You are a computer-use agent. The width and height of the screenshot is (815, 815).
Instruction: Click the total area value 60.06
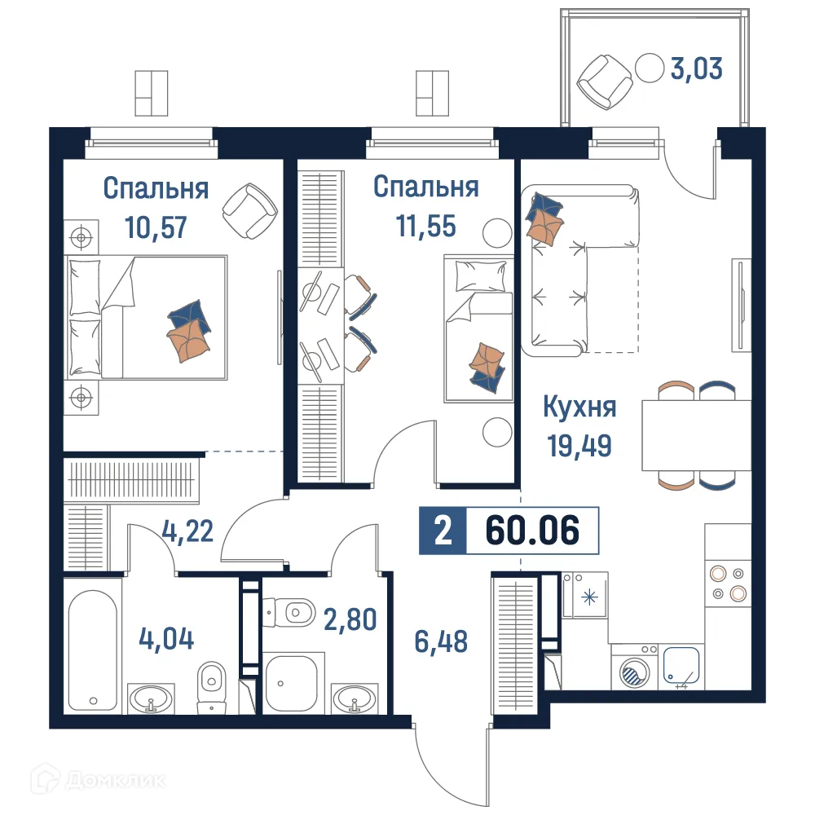532,531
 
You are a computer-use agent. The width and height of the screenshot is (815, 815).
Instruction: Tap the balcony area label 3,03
695,68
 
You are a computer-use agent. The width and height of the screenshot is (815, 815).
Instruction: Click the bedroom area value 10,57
156,226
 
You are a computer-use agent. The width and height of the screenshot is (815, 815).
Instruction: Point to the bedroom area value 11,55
425,226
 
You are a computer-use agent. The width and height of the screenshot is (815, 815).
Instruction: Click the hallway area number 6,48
440,641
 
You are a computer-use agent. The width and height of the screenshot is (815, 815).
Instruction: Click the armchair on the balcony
604,79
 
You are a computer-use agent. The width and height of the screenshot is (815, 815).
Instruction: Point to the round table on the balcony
650,67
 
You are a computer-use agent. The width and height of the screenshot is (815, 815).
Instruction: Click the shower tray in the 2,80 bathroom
293,683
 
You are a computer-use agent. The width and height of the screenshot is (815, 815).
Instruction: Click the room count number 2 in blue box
443,531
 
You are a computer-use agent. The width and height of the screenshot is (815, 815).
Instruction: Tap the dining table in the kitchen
695,434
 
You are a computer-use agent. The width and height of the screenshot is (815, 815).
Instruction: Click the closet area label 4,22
187,531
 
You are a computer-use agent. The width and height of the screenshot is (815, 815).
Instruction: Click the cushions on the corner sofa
544,216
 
